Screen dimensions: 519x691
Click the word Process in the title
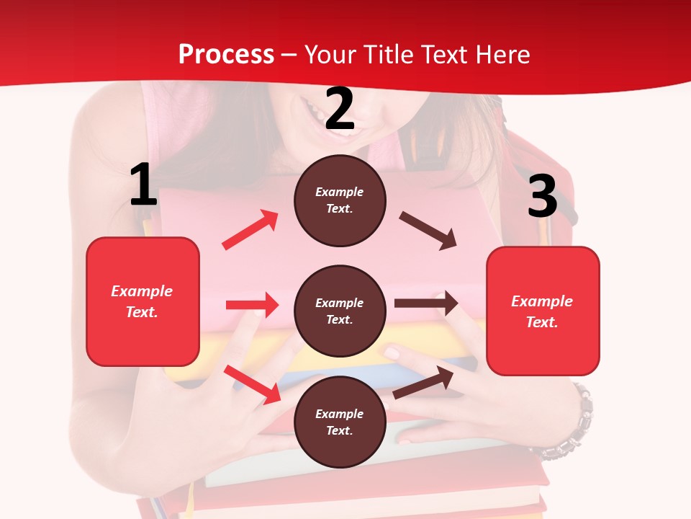(x=226, y=55)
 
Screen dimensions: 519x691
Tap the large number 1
(x=143, y=185)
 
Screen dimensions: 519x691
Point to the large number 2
(x=340, y=109)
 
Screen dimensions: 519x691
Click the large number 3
(x=542, y=196)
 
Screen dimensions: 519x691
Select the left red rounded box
(x=143, y=301)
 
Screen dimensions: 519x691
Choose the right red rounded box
(x=543, y=311)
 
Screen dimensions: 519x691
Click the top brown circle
(x=340, y=200)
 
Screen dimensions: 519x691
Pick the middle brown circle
(x=340, y=311)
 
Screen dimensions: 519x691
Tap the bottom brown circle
(x=340, y=422)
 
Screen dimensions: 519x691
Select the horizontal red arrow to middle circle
(x=252, y=305)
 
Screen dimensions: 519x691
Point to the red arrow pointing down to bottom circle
(x=253, y=384)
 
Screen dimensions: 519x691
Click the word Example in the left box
(x=142, y=291)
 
